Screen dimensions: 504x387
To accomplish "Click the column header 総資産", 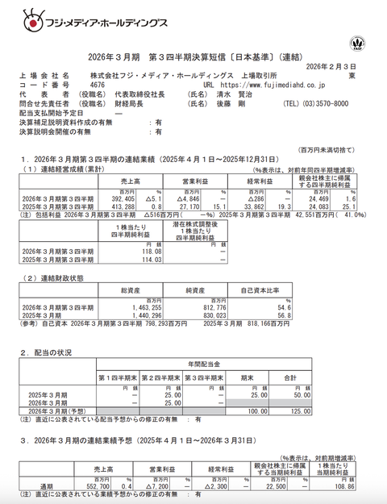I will (x=132, y=289).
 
